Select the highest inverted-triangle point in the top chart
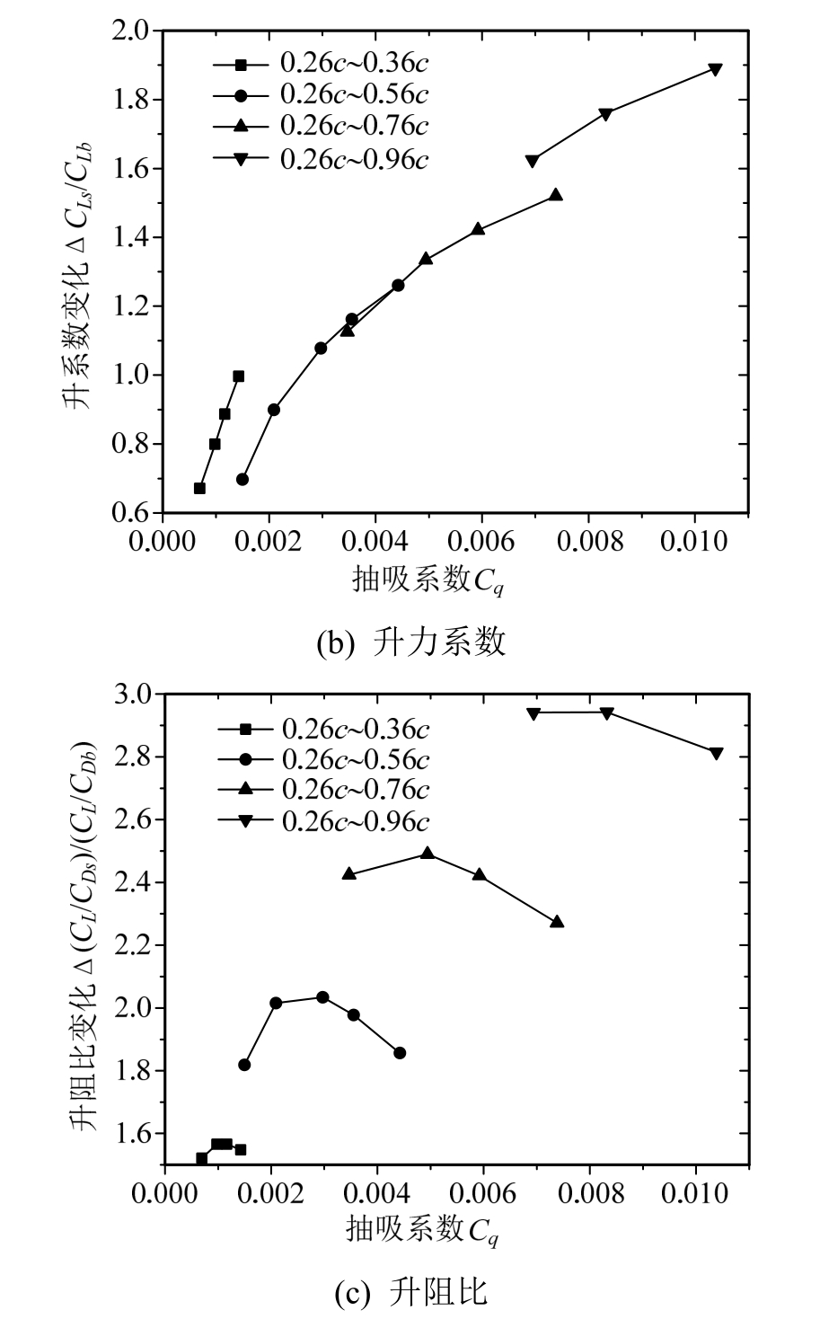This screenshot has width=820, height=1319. point(715,69)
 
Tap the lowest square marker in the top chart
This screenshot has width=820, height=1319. point(199,488)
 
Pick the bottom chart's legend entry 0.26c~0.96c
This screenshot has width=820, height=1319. point(356,819)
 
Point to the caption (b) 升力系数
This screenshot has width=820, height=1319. point(410,642)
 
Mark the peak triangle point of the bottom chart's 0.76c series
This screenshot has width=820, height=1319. point(428,853)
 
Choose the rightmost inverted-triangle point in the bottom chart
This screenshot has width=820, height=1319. point(716,753)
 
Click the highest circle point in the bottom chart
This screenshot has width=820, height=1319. point(322,997)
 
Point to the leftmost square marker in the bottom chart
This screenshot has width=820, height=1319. point(201,1158)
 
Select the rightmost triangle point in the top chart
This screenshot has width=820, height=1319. point(555,194)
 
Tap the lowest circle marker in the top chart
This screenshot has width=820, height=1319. point(242,479)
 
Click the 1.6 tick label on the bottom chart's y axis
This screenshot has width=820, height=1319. point(134,1133)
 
